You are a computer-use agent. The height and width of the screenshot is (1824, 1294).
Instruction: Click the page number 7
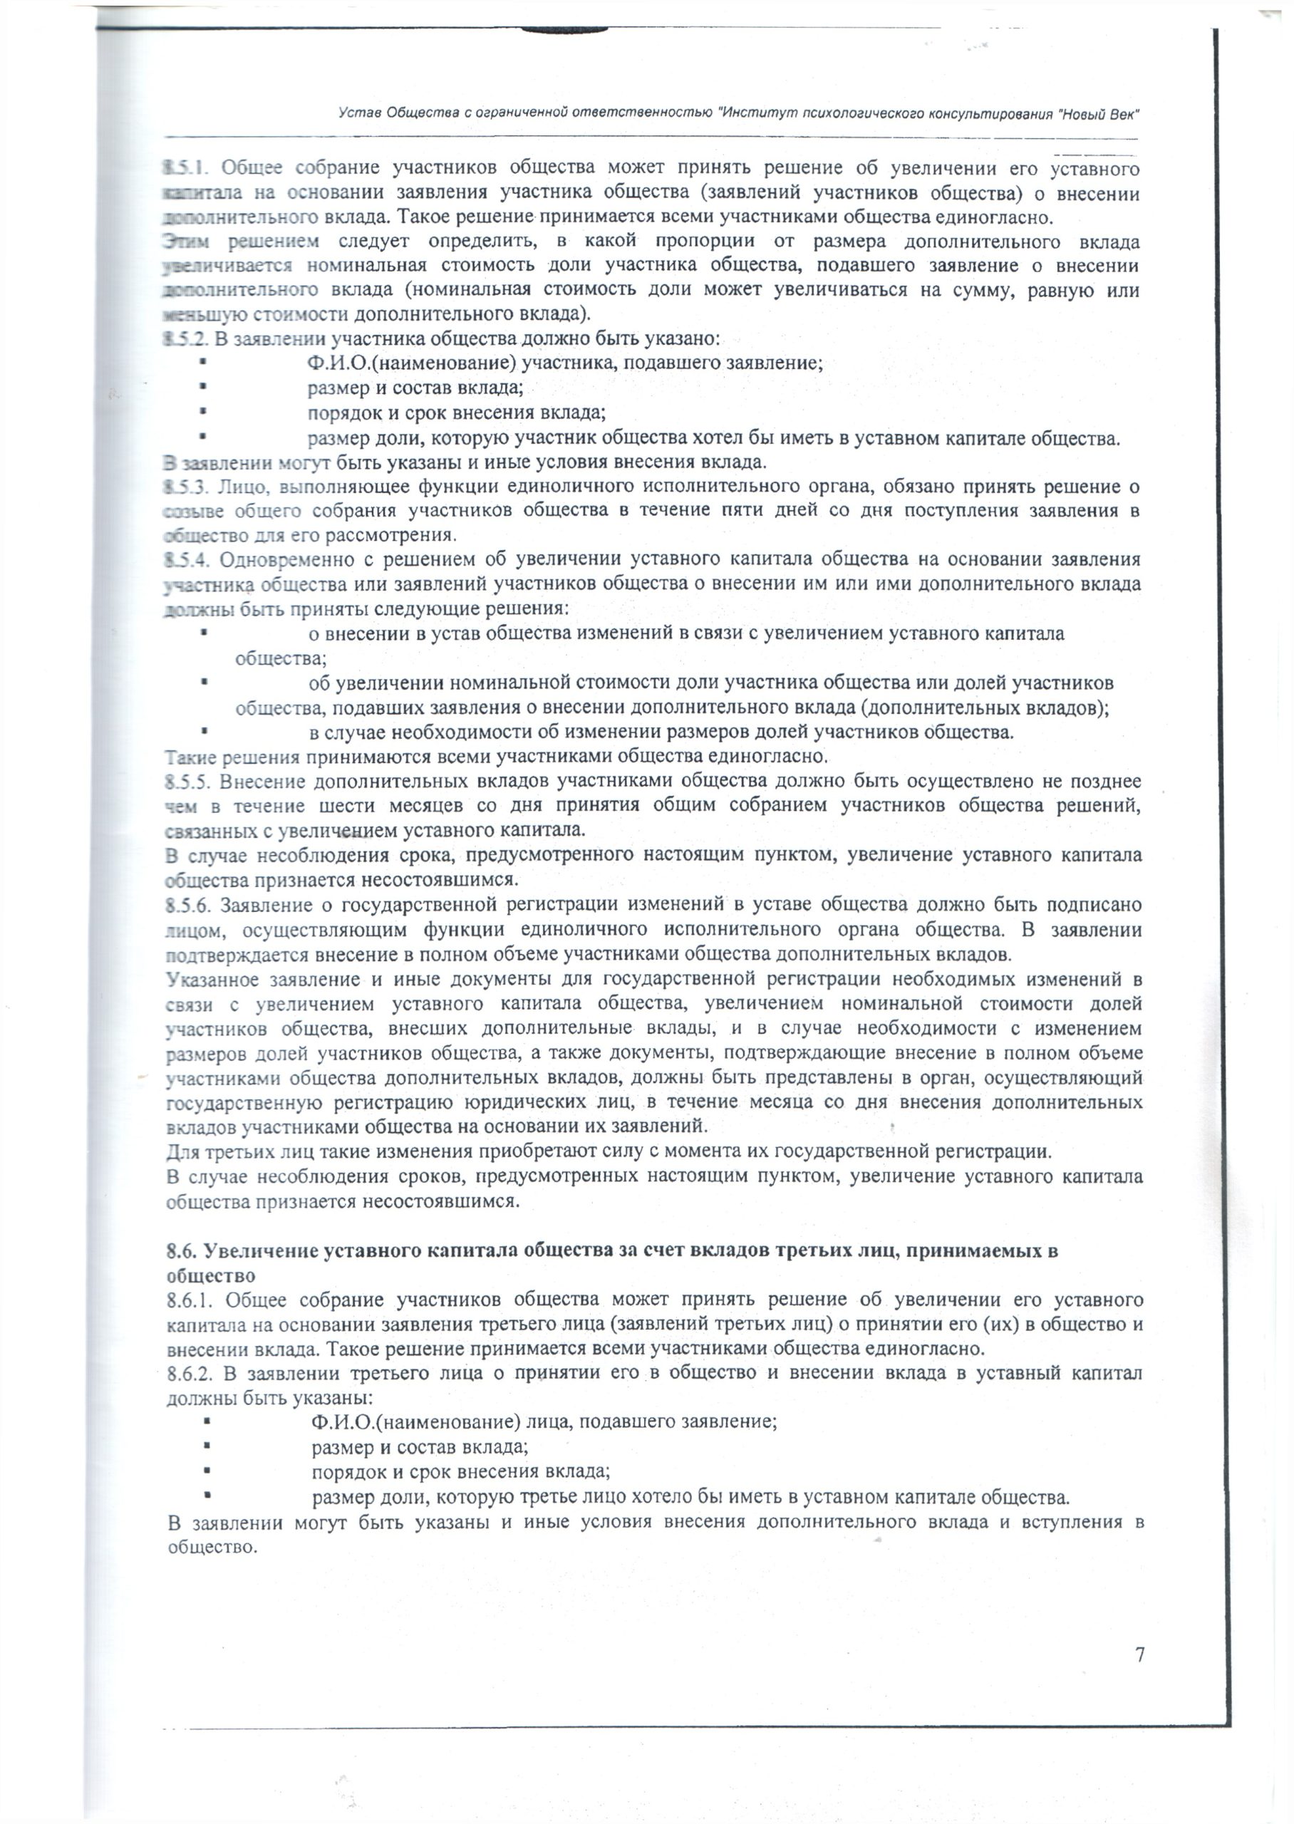tap(1139, 1655)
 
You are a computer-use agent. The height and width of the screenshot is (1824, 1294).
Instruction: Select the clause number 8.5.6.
tap(187, 906)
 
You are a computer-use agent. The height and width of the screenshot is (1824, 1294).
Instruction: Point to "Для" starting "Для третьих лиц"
tap(180, 1151)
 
